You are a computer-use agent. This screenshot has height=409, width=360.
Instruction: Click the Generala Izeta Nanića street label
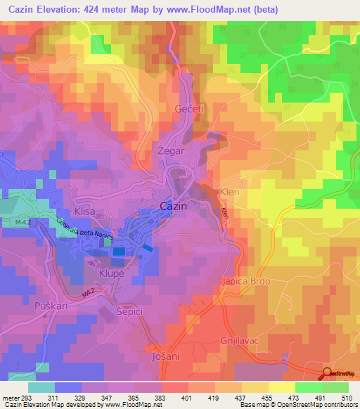[x=83, y=231]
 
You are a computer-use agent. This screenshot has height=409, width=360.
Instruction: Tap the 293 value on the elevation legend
[x=27, y=397]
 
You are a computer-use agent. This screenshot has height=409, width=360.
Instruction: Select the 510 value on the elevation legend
[x=345, y=397]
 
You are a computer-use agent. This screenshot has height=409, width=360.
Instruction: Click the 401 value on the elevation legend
[x=186, y=397]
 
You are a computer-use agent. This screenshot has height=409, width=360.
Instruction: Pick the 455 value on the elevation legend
[x=266, y=397]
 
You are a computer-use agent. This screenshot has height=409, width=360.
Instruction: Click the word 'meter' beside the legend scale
[x=10, y=397]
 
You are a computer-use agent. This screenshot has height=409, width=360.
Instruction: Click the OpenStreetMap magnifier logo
[x=327, y=373]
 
